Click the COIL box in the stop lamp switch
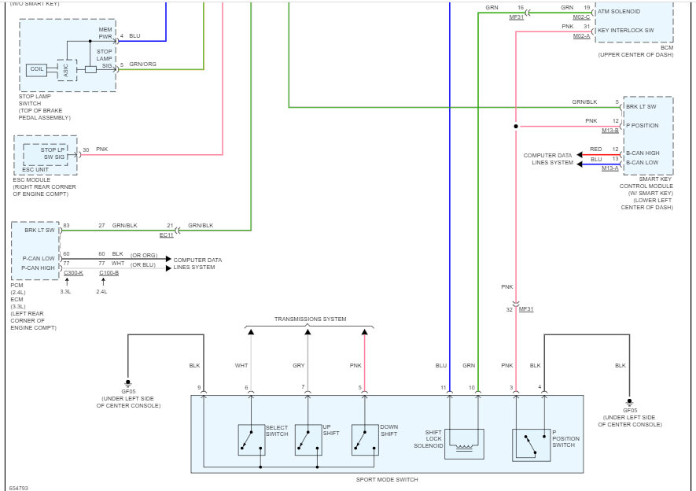point(36,69)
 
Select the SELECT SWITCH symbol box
point(252,440)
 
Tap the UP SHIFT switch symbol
point(308,440)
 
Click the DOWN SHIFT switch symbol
point(365,440)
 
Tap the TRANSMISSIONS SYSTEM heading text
point(310,319)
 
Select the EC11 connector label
point(167,234)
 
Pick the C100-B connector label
point(109,272)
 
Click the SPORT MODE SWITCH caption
point(386,479)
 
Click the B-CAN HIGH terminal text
point(642,153)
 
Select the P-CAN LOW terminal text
point(39,258)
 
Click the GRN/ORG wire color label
point(142,64)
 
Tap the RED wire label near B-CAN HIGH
point(595,149)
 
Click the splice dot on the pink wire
point(515,126)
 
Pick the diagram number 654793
point(18,487)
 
